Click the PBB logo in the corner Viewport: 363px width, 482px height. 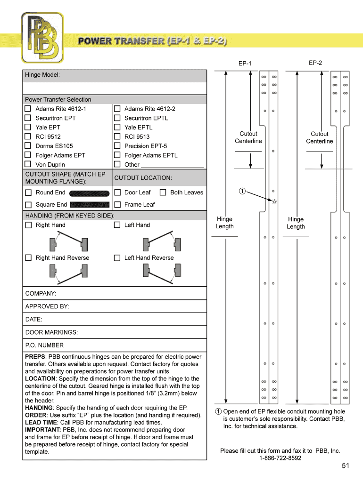[x=42, y=38]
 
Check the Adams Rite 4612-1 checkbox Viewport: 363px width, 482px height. [x=28, y=109]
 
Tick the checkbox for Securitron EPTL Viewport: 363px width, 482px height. [x=117, y=118]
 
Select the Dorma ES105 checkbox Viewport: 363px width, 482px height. [x=28, y=146]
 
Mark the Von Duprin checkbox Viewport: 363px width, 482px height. [x=28, y=164]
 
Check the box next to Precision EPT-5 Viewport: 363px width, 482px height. [x=117, y=146]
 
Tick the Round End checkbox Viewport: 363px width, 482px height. [x=28, y=193]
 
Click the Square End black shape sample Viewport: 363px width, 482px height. [x=90, y=205]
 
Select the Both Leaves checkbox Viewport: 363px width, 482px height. [x=163, y=192]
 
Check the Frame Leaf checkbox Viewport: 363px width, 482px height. [x=117, y=204]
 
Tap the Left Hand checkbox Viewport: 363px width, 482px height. [x=117, y=225]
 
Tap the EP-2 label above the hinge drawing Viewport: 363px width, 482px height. [x=315, y=63]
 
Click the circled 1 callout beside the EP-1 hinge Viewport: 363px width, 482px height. [x=241, y=191]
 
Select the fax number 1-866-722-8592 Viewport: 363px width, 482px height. [x=280, y=458]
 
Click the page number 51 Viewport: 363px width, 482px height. [x=346, y=466]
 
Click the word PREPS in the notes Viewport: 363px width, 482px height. [x=35, y=357]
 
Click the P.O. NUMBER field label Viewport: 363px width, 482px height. [x=44, y=345]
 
